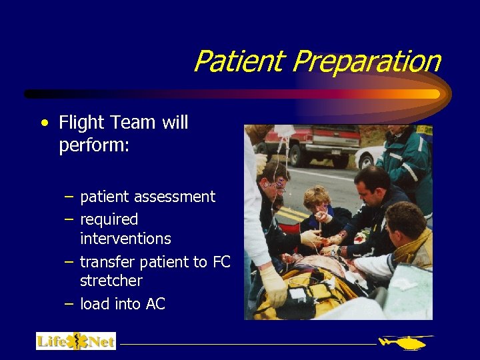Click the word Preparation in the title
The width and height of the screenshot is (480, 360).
point(366,62)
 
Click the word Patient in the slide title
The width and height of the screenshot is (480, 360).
point(240,62)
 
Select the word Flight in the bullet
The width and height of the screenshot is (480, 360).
point(82,123)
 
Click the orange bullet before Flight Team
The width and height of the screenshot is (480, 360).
point(43,123)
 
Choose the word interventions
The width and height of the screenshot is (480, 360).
point(125,238)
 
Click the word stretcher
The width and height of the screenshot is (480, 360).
point(111,280)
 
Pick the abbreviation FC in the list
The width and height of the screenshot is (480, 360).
point(222,262)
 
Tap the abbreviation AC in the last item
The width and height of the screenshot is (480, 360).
point(155,304)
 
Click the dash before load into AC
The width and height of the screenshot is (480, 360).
point(69,303)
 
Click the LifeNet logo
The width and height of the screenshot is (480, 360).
point(75,341)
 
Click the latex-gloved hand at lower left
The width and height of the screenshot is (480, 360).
point(274,287)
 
